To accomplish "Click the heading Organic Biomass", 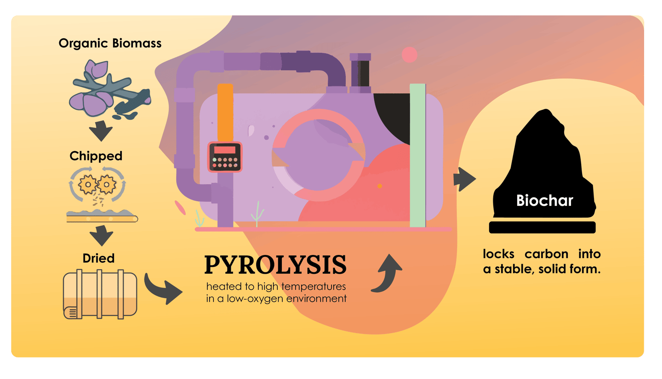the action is (x=110, y=44).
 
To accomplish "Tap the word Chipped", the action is (x=96, y=156).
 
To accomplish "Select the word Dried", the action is (x=98, y=258).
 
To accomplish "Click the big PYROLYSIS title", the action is (x=275, y=265).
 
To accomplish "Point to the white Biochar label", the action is (x=545, y=201).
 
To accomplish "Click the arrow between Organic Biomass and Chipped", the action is (x=101, y=131).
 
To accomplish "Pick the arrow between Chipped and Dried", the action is (x=101, y=236).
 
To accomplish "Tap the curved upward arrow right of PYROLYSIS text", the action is (x=387, y=274).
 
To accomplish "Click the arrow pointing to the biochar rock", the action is (x=464, y=179).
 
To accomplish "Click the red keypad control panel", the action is (x=225, y=157).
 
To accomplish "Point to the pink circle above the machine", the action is (x=409, y=55).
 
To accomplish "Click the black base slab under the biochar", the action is (x=542, y=227).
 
